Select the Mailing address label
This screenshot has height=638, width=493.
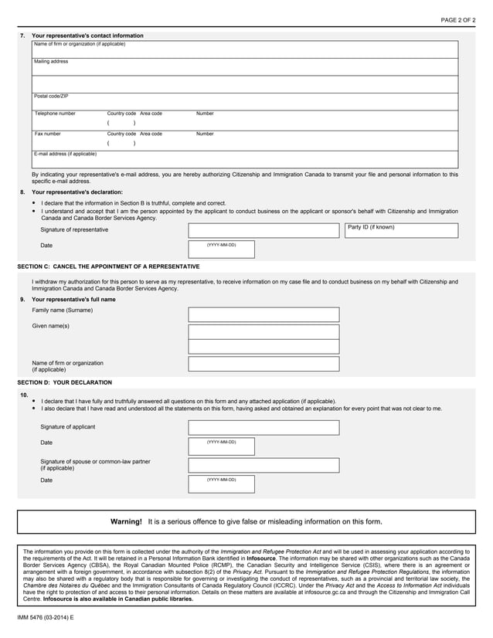point(51,61)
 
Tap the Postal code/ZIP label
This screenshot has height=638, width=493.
point(51,96)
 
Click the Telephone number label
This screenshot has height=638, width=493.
point(55,114)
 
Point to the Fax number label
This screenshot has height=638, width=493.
point(47,134)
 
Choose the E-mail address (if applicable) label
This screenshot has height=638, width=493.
point(66,154)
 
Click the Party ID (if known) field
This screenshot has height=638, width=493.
point(401,231)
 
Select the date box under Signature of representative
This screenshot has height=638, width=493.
point(221,249)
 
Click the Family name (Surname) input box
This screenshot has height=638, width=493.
point(263,314)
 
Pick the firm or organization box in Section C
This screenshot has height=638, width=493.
point(263,364)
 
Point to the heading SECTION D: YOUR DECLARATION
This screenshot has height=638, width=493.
point(65,382)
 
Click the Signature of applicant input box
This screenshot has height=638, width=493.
point(263,427)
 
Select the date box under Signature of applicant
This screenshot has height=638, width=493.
point(221,446)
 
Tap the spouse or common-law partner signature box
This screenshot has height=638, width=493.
point(263,465)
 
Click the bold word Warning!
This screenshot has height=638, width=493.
point(126,522)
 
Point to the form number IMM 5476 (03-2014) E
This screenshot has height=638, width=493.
point(46,620)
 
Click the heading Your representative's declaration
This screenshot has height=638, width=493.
point(76,192)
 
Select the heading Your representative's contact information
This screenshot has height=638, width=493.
point(87,36)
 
